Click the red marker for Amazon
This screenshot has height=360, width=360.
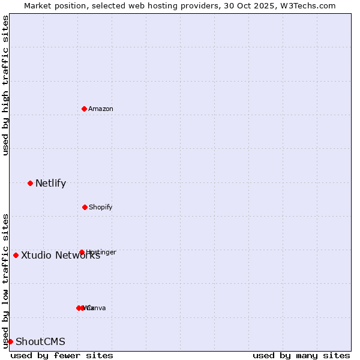coord(84,109)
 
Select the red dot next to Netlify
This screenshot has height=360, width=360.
coord(30,183)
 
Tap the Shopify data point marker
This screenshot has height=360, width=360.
coord(85,207)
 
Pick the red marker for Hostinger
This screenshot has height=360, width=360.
coord(82,252)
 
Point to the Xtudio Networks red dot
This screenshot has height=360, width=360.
coord(16,255)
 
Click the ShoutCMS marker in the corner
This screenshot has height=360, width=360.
coord(10,341)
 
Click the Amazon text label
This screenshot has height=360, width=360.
coord(101,109)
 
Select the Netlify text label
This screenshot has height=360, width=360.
coord(50,183)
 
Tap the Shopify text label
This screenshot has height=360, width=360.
coord(101,207)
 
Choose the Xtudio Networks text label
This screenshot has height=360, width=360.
coord(60,255)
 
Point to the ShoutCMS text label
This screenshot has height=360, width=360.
coord(40,341)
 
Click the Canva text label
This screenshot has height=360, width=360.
coord(97,308)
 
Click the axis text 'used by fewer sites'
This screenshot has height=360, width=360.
coord(62,355)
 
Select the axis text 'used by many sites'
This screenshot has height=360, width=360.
coord(301,355)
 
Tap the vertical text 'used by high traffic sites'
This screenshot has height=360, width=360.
coord(5,85)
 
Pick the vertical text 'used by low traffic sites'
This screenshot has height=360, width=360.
coord(5,281)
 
